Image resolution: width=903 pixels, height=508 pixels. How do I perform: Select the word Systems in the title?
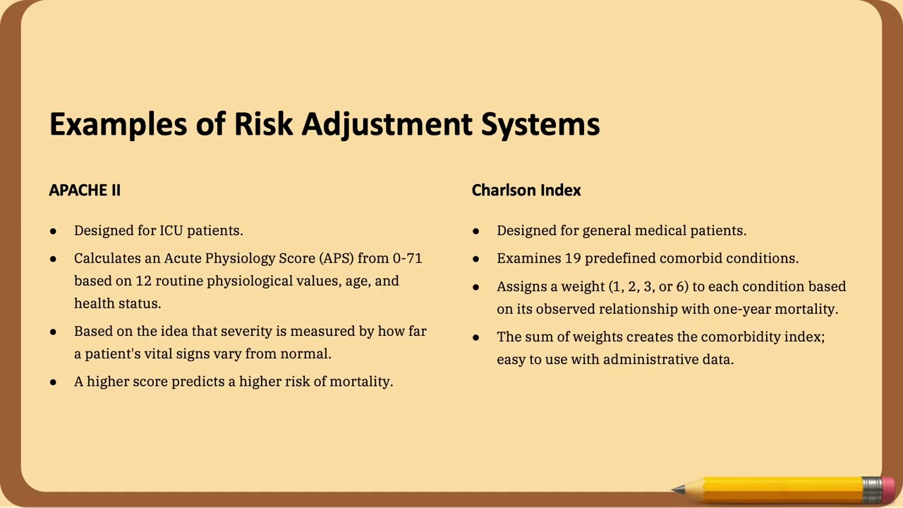coord(540,124)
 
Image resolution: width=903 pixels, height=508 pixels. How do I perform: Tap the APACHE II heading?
coord(85,190)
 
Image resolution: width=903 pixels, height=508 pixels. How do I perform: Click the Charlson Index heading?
coord(526,190)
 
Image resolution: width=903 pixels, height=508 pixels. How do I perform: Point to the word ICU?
coord(171,231)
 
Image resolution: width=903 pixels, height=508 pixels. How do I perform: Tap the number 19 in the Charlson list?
coord(573,258)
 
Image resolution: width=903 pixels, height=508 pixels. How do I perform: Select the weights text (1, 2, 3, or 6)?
coord(648,286)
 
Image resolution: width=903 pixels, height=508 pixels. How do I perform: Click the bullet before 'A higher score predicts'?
coord(54,382)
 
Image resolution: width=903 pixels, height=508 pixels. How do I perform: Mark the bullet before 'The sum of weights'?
coord(476,337)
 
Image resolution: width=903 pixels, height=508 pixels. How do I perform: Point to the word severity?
coord(247,331)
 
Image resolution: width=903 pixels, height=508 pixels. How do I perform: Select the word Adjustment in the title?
coord(387,124)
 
